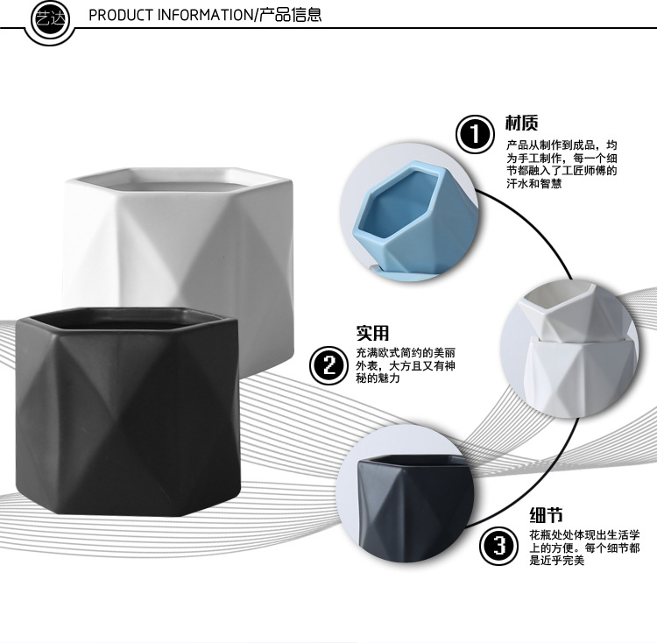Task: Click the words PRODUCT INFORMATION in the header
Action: tap(170, 16)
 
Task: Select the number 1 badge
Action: tap(475, 135)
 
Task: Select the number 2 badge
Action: tap(330, 364)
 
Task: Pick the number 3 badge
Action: tap(498, 547)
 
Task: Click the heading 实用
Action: tap(371, 333)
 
